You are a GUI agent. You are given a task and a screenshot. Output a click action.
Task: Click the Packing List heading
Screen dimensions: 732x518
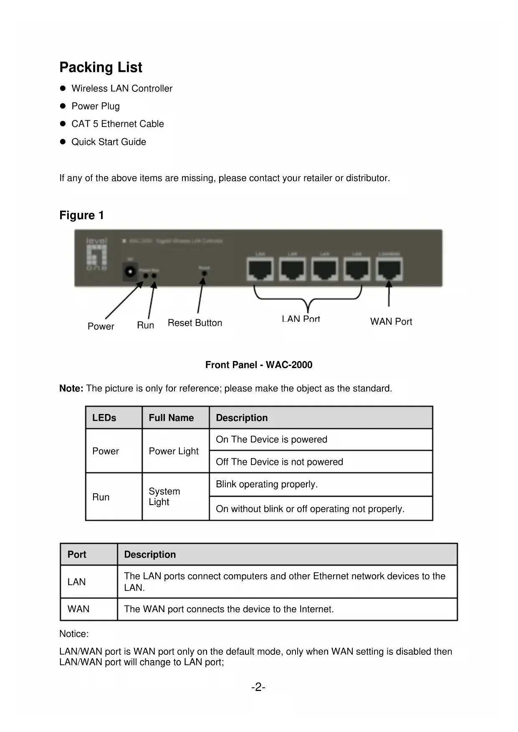click(101, 67)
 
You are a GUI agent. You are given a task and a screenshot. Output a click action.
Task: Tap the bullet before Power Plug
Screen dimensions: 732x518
click(63, 106)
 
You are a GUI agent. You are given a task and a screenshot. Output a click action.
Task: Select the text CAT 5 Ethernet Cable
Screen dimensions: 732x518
click(117, 124)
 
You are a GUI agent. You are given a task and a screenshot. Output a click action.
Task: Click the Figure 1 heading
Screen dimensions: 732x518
click(81, 215)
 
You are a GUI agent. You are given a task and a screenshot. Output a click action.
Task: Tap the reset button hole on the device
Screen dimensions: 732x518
click(204, 273)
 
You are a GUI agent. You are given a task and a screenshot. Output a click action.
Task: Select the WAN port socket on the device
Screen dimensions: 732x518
click(389, 269)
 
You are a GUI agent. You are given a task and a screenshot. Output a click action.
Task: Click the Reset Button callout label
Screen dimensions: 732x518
click(195, 323)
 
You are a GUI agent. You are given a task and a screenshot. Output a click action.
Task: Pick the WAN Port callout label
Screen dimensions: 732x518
click(391, 322)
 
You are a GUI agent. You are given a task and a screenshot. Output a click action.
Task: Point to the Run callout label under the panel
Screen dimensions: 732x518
click(145, 325)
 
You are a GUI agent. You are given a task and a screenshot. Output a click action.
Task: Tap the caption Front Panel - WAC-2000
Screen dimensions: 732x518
click(259, 365)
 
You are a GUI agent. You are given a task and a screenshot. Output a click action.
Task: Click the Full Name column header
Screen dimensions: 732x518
click(171, 418)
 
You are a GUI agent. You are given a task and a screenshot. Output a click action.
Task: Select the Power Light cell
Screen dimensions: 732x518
click(174, 451)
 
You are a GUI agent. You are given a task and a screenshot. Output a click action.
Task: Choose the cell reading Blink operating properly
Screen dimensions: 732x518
click(267, 484)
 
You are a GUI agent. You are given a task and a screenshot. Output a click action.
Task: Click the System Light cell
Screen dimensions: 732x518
click(164, 497)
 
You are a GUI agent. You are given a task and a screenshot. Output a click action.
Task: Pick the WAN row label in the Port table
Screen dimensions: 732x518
click(78, 609)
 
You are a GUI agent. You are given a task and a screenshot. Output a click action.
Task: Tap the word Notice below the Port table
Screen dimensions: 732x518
click(74, 634)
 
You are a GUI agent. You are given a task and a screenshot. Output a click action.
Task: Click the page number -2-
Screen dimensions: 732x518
click(258, 687)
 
